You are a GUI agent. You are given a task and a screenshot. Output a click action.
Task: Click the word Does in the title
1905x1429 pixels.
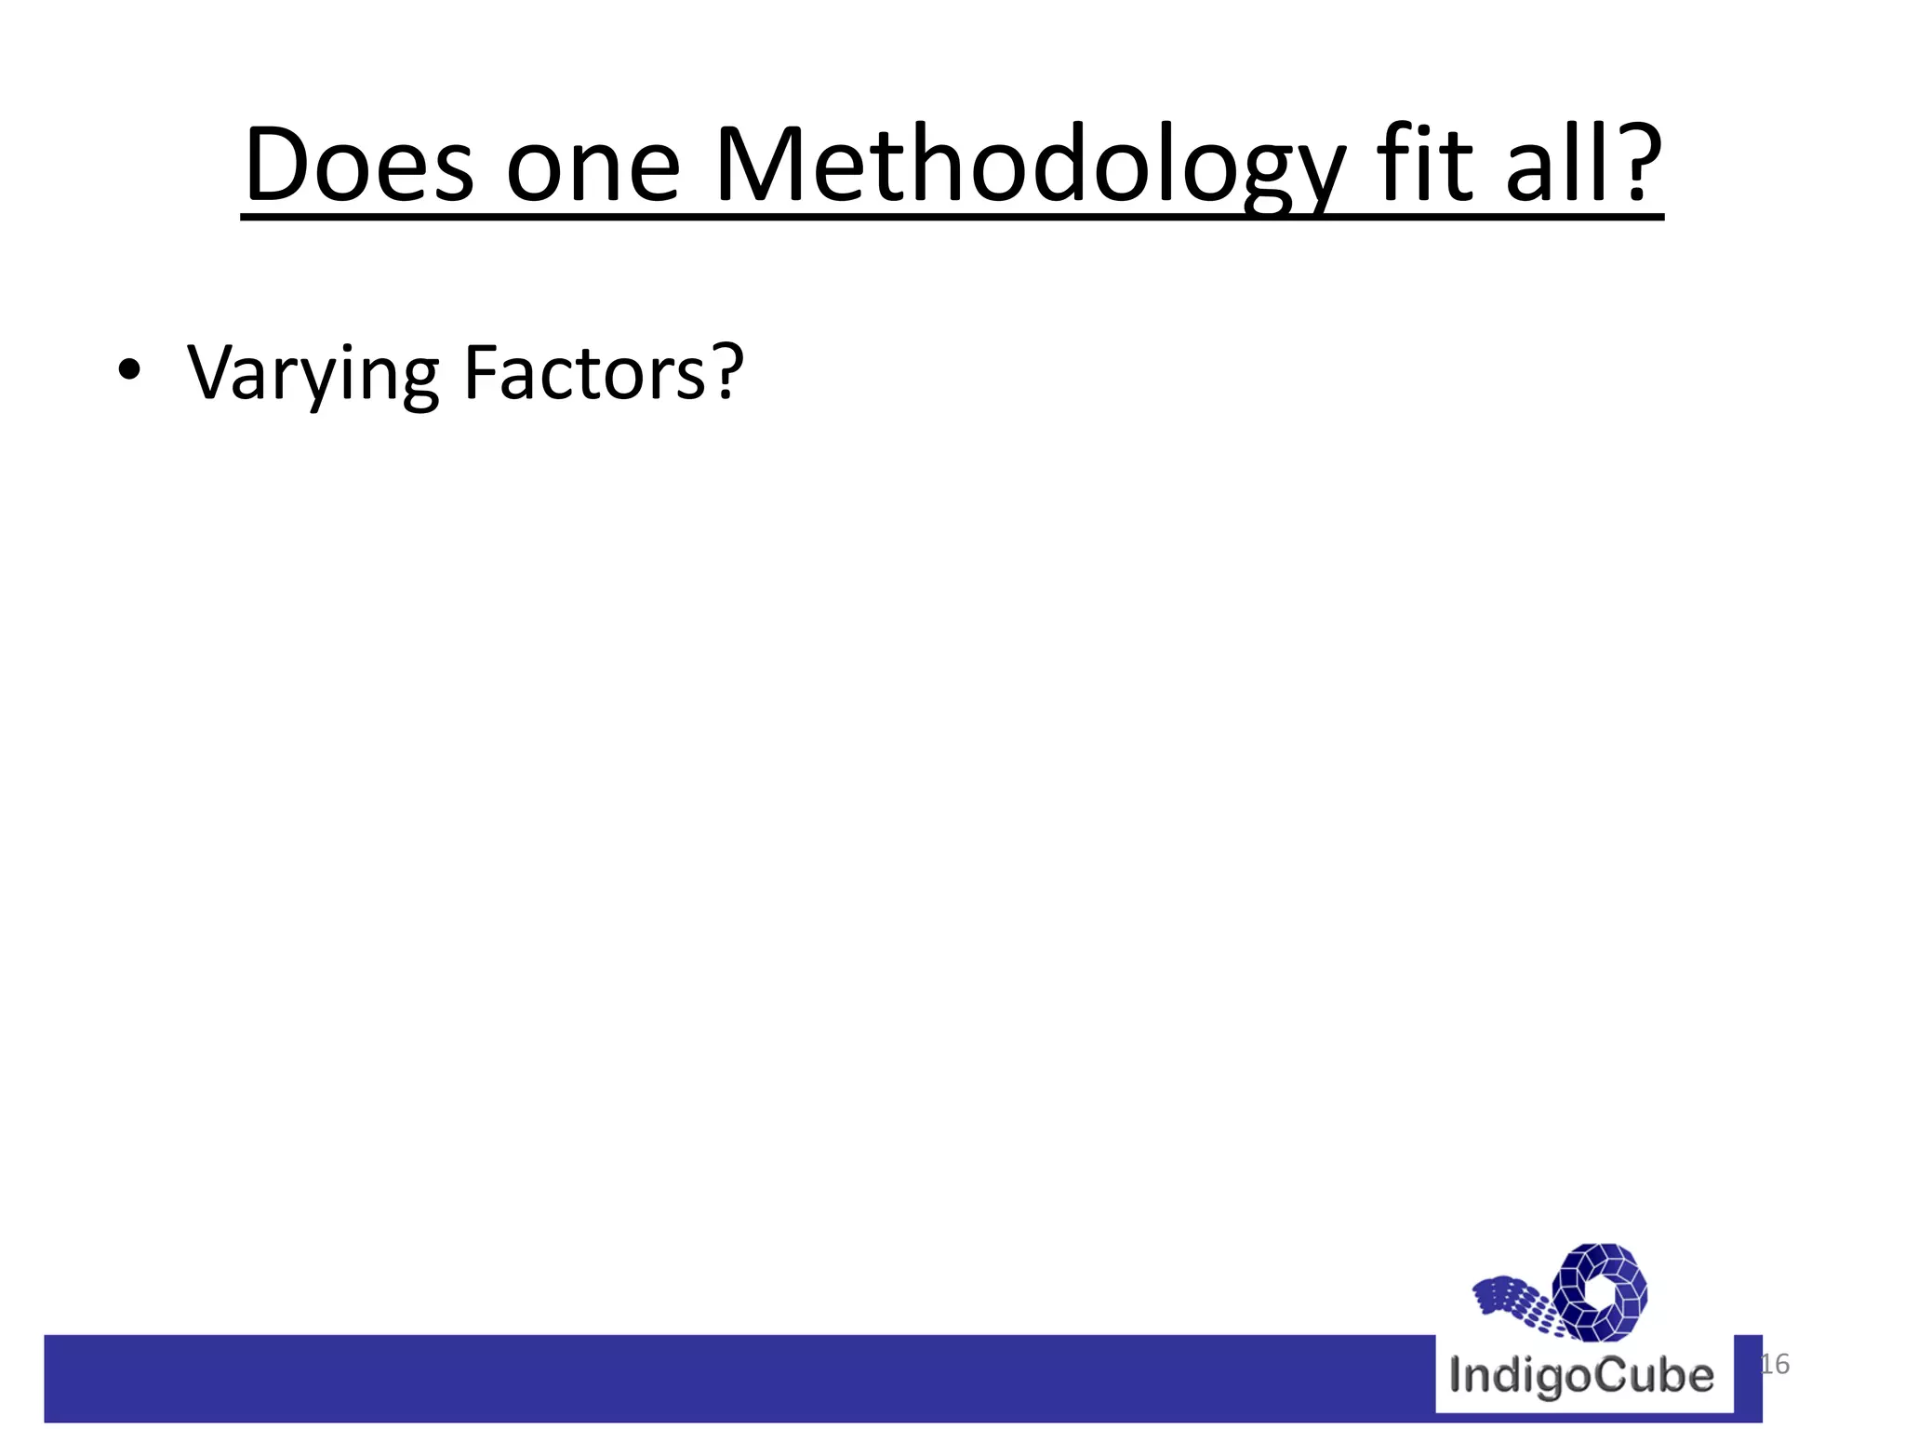coord(358,166)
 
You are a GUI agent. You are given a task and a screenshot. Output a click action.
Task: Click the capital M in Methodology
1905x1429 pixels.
coord(763,166)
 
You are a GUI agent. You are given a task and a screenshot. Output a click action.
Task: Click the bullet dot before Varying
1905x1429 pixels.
coord(129,371)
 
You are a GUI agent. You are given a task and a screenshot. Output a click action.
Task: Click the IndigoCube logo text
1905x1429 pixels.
coord(1581,1376)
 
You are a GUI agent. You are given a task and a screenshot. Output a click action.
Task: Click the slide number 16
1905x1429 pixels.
coord(1774,1364)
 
